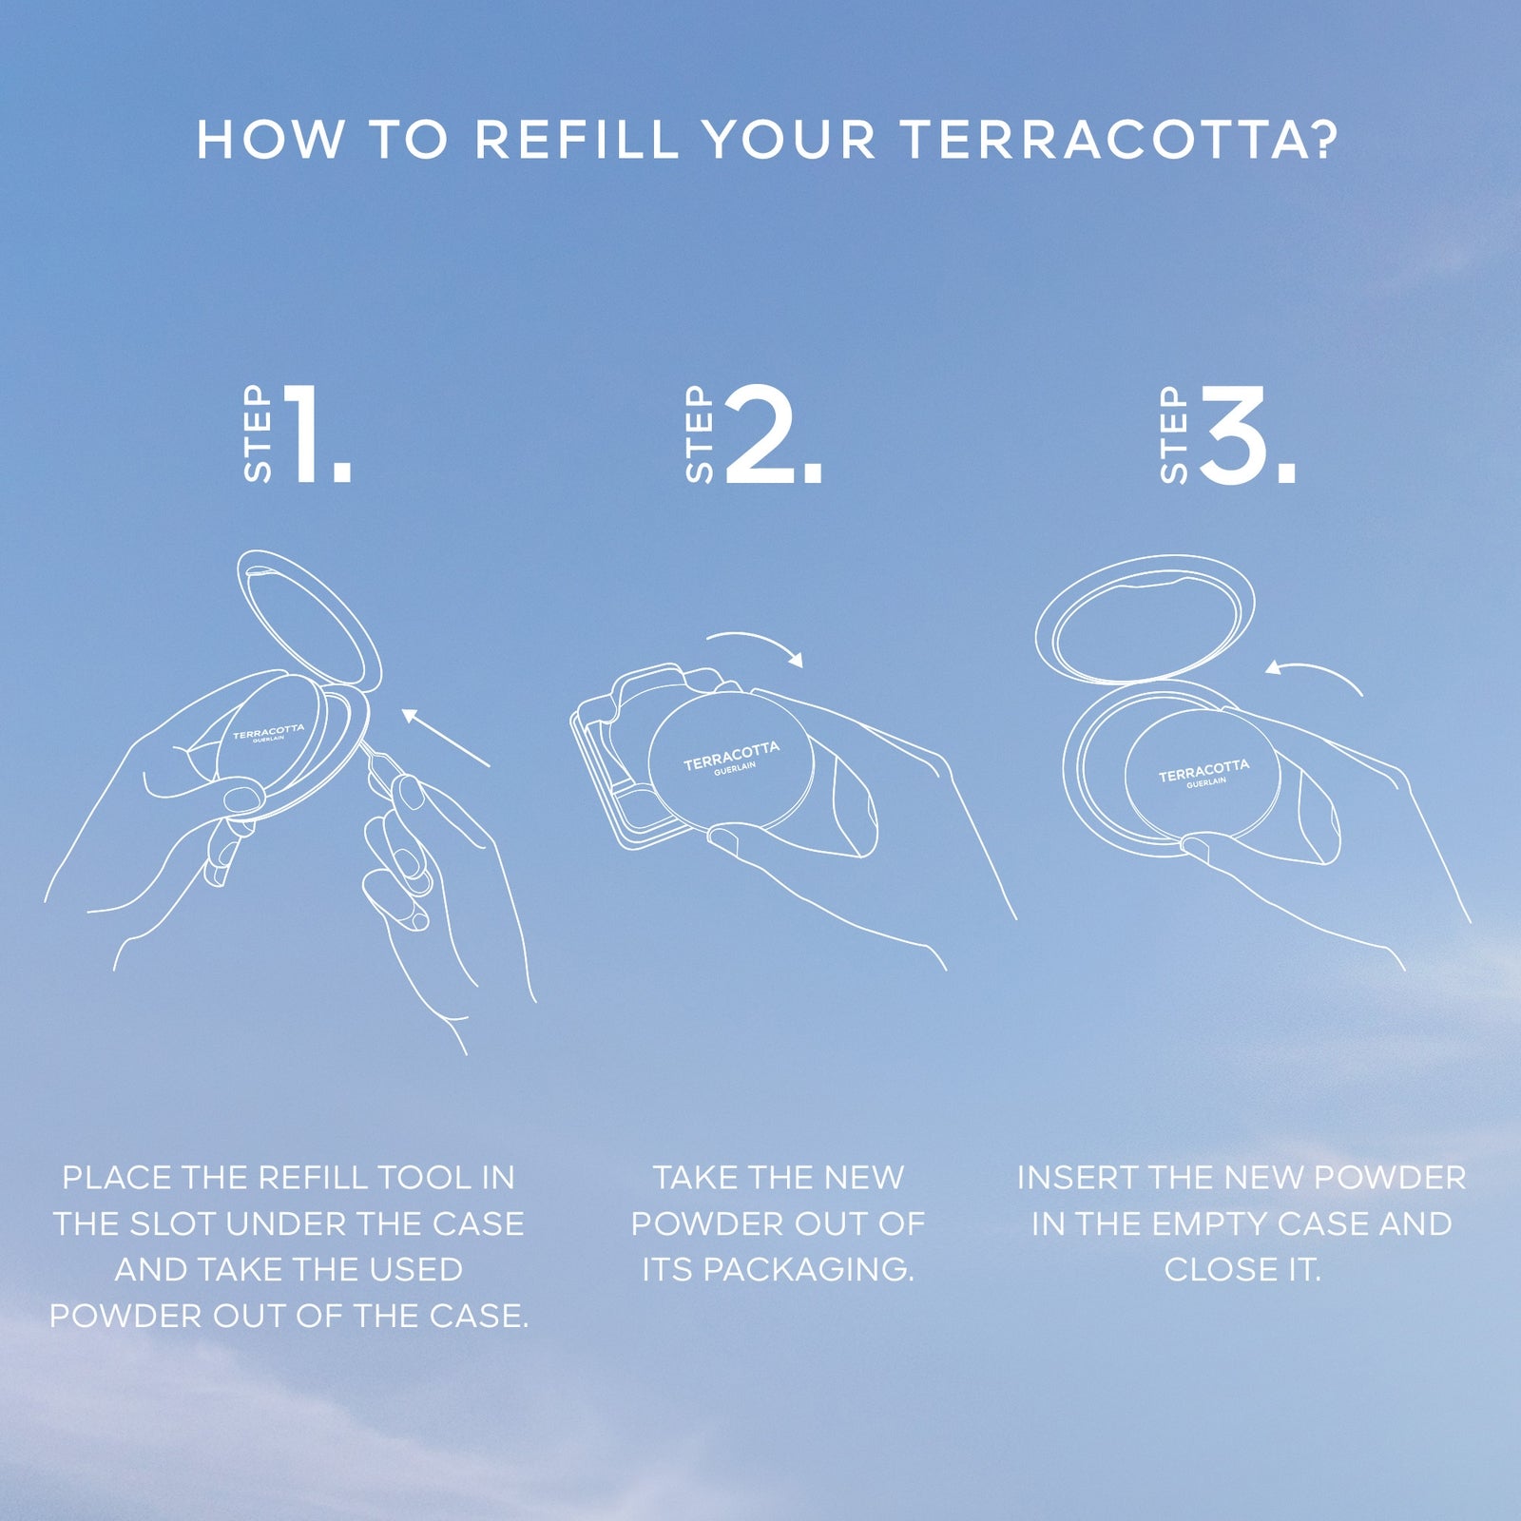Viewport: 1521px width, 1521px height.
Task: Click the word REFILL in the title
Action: click(576, 140)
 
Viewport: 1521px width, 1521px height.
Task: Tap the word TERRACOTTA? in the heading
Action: click(1119, 140)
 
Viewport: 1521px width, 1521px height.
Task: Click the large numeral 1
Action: click(318, 434)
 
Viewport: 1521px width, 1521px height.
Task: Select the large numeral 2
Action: click(774, 434)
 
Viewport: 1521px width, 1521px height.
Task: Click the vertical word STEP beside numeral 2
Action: click(700, 434)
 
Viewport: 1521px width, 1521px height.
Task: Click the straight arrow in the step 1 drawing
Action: click(445, 738)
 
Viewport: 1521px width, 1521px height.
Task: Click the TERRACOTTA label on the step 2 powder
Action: click(731, 756)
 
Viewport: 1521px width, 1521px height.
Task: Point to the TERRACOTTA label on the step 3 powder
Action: click(1203, 770)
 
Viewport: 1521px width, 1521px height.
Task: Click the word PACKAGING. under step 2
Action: click(808, 1270)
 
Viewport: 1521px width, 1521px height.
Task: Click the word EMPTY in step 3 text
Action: click(1205, 1223)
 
